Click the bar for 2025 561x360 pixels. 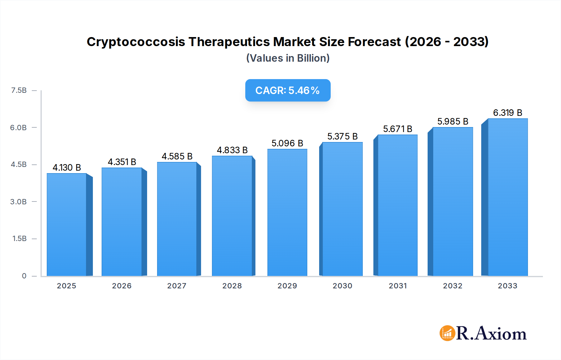(67, 224)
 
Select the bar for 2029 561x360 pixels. (287, 212)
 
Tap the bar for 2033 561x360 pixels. (507, 197)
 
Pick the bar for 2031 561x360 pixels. (397, 205)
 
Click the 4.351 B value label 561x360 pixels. (122, 162)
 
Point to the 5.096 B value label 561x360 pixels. (287, 143)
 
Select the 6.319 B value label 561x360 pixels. (507, 113)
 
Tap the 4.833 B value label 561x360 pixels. (232, 150)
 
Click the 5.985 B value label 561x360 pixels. (453, 121)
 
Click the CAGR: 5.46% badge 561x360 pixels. (288, 90)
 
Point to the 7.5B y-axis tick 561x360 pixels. (19, 90)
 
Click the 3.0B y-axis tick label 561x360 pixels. (18, 201)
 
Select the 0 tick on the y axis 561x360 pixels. (24, 276)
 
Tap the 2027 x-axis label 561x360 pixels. (177, 286)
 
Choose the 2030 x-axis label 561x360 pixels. (342, 286)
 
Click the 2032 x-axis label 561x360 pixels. (453, 286)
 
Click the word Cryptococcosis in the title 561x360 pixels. (136, 42)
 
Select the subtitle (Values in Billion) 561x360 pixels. (288, 58)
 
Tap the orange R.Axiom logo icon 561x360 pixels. (447, 333)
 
